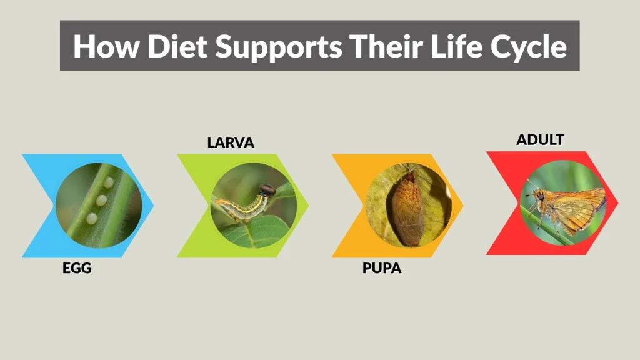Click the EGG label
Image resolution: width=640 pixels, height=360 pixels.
tap(77, 269)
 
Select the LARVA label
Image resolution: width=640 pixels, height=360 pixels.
tap(231, 142)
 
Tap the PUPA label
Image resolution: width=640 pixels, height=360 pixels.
tap(382, 269)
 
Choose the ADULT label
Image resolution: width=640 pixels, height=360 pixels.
tap(540, 139)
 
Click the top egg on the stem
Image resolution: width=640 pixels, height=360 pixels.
tap(109, 182)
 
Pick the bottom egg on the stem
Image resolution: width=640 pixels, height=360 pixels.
tap(92, 218)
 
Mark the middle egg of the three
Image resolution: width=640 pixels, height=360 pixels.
tap(101, 201)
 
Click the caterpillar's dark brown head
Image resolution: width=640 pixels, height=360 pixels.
tap(267, 189)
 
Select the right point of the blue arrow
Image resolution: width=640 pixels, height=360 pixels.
tap(153, 205)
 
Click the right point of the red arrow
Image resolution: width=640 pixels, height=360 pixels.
tap(617, 202)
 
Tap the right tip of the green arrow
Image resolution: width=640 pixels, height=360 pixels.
tap(308, 205)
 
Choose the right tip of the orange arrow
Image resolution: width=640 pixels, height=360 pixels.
tap(463, 205)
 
